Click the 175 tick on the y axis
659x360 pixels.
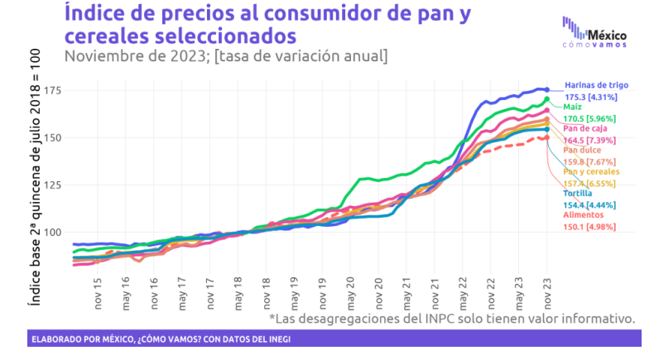55,89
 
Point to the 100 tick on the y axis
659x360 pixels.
55,232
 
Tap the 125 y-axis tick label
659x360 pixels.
55,185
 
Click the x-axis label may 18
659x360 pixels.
238,286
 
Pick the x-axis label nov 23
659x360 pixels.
547,286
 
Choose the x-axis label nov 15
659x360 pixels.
99,286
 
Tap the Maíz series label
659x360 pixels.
572,107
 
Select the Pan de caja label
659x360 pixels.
583,128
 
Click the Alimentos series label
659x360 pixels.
582,214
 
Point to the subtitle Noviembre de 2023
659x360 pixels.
224,55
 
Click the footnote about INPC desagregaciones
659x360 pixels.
452,318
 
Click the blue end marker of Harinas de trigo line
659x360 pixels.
547,89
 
